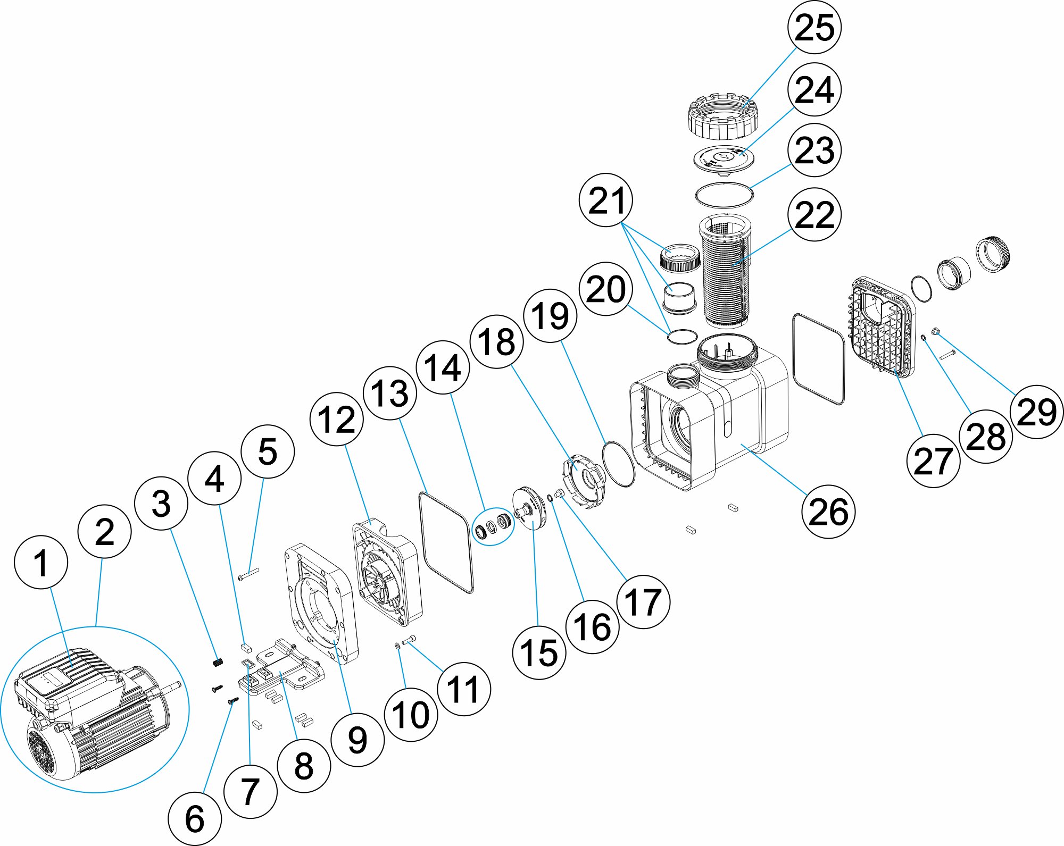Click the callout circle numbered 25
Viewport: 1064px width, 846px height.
pyautogui.click(x=814, y=27)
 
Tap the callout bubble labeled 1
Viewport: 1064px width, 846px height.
pyautogui.click(x=41, y=562)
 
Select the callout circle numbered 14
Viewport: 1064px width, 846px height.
pyautogui.click(x=443, y=367)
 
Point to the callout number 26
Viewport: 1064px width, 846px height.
pyautogui.click(x=828, y=512)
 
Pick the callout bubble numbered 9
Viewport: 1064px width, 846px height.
pyautogui.click(x=357, y=740)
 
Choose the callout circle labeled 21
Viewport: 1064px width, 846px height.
pyautogui.click(x=606, y=200)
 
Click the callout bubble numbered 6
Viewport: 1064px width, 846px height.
pyautogui.click(x=195, y=818)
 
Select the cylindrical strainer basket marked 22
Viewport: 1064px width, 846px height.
pyautogui.click(x=725, y=271)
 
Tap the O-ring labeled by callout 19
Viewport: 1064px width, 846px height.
pyautogui.click(x=618, y=463)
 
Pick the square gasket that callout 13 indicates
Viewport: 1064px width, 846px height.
pyautogui.click(x=446, y=542)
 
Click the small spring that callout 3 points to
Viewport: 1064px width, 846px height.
pyautogui.click(x=217, y=662)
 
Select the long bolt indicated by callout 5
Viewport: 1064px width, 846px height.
pyautogui.click(x=248, y=574)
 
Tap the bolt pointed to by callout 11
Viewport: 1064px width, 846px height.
pyautogui.click(x=410, y=640)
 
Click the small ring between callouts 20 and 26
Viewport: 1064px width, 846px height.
pyautogui.click(x=681, y=336)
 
